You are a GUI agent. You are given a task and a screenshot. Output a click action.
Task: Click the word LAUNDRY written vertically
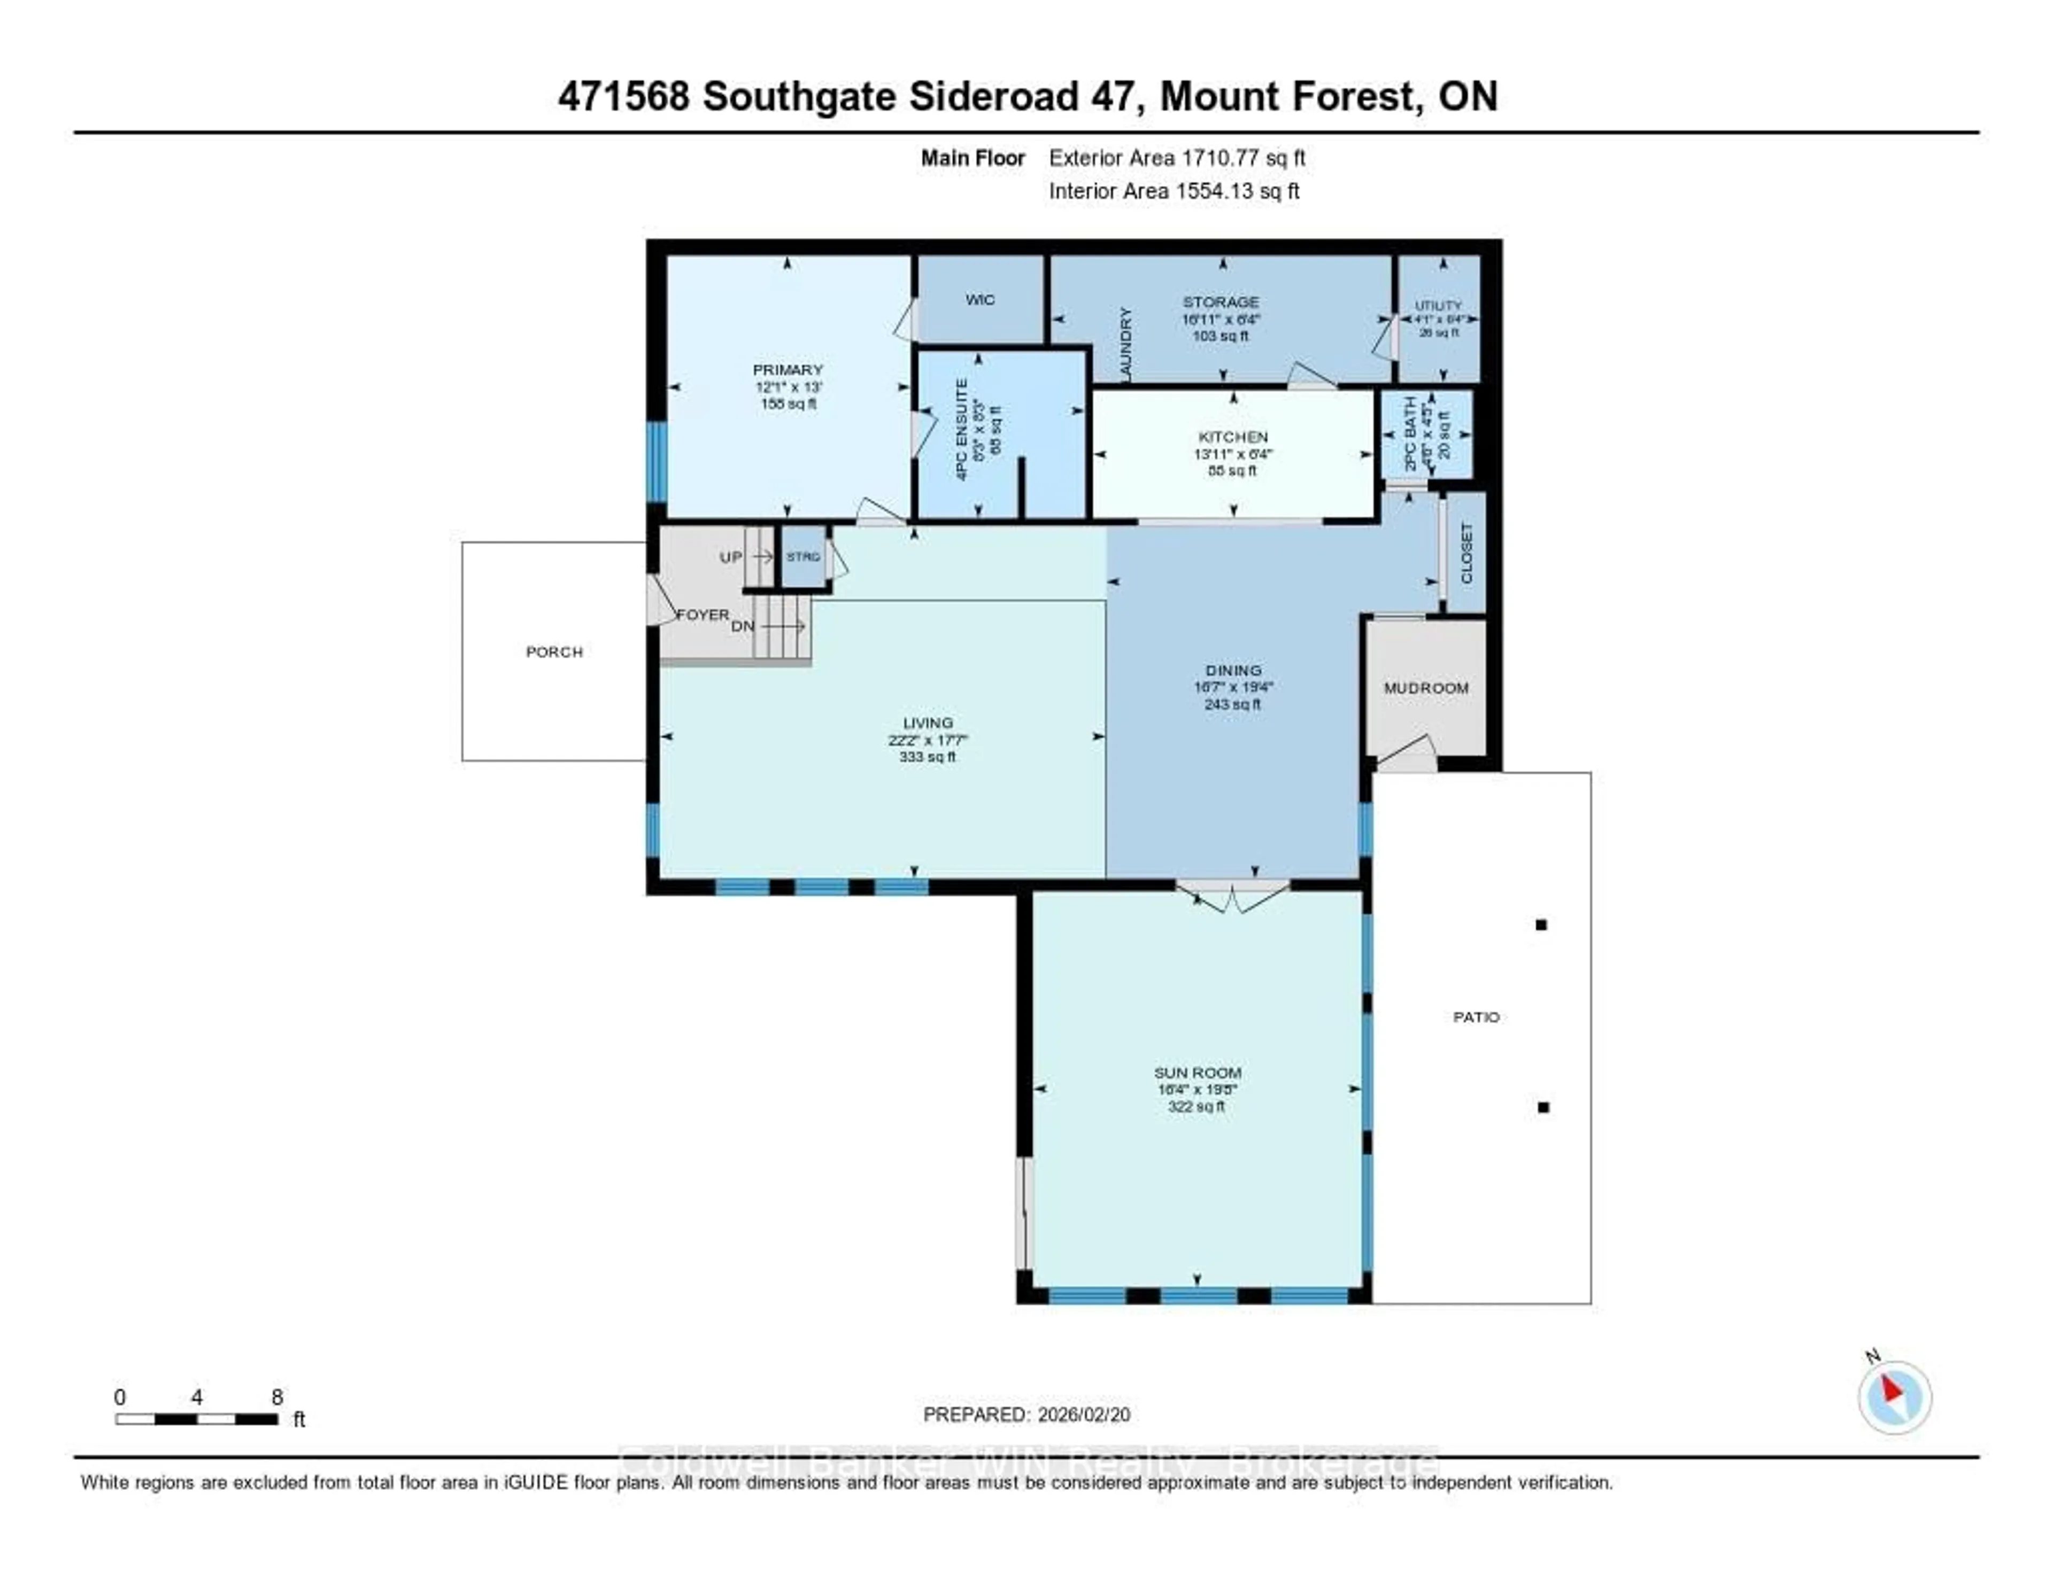click(x=1126, y=344)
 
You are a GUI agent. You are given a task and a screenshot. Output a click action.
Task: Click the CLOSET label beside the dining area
click(x=1467, y=553)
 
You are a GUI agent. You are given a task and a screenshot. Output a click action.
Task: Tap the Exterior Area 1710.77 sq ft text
click(x=1177, y=158)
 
